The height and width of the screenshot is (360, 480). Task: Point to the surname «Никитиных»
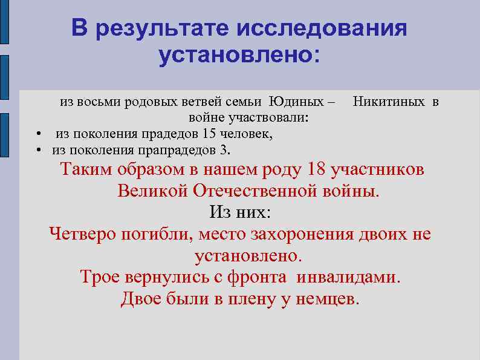pyautogui.click(x=388, y=101)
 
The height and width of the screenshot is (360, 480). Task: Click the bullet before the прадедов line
pyautogui.click(x=37, y=134)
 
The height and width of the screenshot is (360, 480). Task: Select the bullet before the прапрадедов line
pyautogui.click(x=37, y=149)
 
